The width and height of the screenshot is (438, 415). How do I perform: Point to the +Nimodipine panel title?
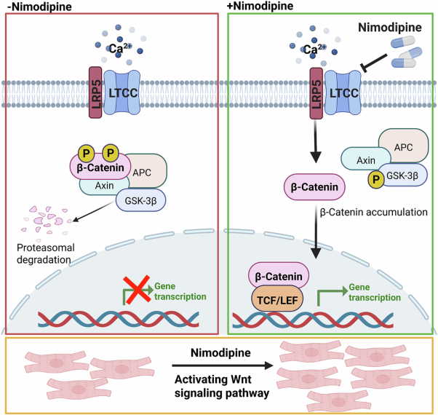tap(261, 6)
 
